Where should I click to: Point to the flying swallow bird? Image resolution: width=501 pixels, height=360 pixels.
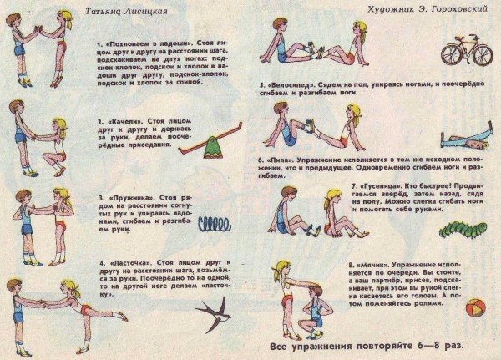(215, 315)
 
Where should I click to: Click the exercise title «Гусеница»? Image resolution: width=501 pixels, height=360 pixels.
(382, 185)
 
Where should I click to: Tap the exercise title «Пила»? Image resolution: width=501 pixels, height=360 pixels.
(282, 156)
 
